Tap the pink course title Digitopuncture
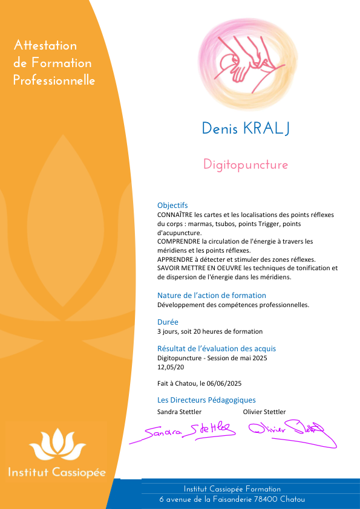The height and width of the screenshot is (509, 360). tap(246, 164)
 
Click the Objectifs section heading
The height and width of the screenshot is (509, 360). tap(172, 206)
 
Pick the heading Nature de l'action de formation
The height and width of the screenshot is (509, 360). tap(212, 296)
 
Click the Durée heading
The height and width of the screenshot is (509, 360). tap(168, 322)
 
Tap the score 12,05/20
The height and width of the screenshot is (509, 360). tap(171, 367)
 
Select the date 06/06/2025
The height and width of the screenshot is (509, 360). tap(224, 383)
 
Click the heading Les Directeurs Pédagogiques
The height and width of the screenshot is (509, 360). tap(206, 400)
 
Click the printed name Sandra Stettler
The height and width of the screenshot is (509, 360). tap(180, 412)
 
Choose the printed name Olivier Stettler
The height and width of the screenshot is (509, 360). tap(264, 412)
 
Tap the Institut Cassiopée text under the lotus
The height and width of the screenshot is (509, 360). tap(57, 472)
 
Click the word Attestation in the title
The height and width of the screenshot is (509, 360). tap(45, 45)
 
